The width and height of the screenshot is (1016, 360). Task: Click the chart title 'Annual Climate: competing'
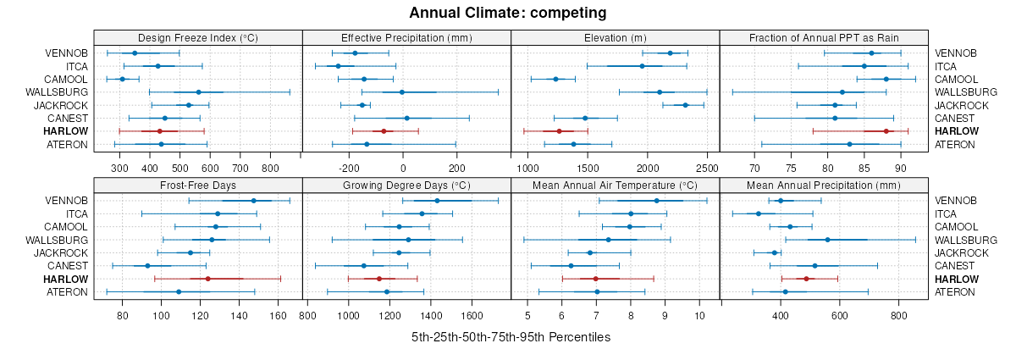pos(508,13)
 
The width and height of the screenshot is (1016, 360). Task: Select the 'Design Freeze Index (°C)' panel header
pos(197,37)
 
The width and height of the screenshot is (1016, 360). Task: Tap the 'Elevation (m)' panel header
pos(616,37)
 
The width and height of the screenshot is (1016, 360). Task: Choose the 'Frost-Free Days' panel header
pos(197,185)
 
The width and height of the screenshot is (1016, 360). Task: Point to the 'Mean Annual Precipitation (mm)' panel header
pos(825,185)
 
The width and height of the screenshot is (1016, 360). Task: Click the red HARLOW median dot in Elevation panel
pos(559,131)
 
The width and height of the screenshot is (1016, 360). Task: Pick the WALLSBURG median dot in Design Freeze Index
pos(199,92)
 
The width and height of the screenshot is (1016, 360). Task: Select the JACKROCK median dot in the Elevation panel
pos(685,105)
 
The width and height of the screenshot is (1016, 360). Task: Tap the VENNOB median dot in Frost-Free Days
pos(254,201)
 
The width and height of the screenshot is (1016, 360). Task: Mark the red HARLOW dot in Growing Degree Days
pos(379,279)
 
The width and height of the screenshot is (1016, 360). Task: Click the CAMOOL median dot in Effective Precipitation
pos(364,79)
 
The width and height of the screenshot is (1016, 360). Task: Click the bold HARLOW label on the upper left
pos(68,131)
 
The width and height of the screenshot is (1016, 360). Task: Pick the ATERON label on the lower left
pos(66,292)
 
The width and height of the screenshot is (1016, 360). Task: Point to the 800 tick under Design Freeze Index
pos(271,168)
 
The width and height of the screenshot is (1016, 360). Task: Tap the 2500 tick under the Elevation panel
pos(707,168)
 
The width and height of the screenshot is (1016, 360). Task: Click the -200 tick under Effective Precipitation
pos(350,168)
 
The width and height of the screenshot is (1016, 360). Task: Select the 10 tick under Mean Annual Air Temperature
pos(699,315)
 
